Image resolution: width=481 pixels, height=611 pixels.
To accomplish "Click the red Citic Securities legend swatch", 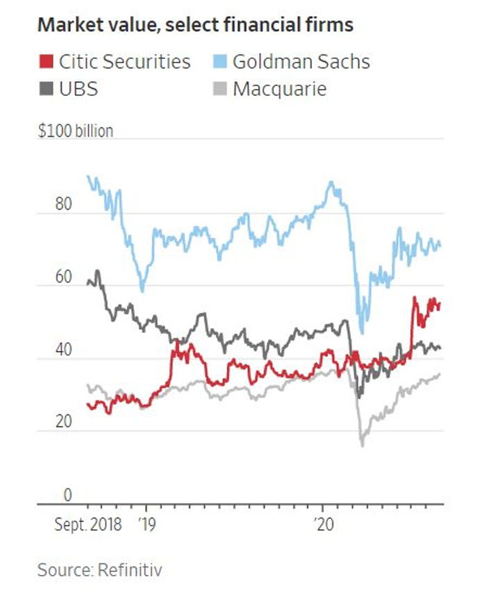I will pos(47,62).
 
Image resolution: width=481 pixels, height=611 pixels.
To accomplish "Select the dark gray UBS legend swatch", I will pos(47,89).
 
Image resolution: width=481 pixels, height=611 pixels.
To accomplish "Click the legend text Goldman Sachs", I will pos(301,62).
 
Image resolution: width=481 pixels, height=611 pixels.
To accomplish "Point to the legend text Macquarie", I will pos(280,89).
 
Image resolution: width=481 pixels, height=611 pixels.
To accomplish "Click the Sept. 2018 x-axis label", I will pos(88,523).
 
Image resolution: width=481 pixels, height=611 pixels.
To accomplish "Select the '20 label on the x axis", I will pos(323,523).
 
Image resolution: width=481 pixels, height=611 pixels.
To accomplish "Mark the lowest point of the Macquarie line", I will pos(361,445).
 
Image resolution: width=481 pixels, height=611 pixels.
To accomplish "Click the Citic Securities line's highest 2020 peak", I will pos(414,298).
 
